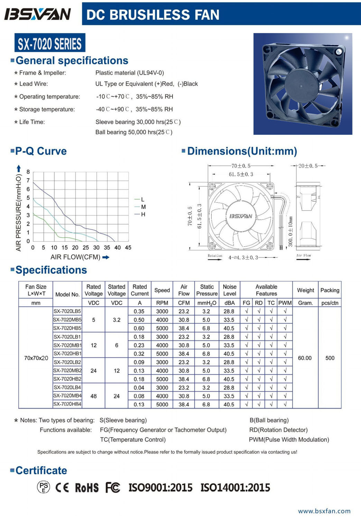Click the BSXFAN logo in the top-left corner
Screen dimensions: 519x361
37,14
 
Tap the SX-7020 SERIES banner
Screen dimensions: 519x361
50,44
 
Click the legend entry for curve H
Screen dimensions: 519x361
143,215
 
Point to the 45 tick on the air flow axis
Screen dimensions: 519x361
128,248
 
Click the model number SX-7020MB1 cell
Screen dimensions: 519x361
67,345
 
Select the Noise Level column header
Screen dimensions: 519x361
229,290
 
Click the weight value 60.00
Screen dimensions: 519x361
305,358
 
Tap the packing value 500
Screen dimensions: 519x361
330,358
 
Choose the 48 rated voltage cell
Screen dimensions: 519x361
93,396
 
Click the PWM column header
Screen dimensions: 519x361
285,303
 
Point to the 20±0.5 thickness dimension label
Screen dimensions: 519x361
308,166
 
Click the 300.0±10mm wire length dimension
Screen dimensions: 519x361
290,231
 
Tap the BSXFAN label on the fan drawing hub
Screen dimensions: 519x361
241,216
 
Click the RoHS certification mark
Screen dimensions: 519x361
87,488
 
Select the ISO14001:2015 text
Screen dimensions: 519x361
235,488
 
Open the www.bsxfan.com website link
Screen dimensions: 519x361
324,511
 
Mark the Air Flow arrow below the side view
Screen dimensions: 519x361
303,258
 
